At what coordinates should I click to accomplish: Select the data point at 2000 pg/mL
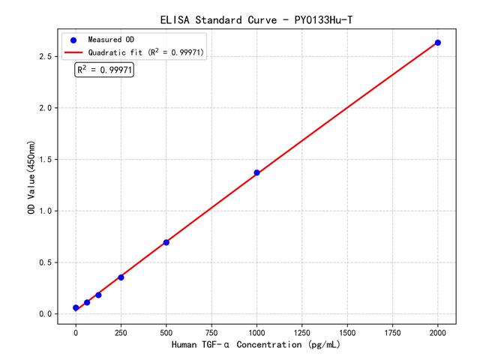point(438,43)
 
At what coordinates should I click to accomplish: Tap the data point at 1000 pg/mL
point(256,172)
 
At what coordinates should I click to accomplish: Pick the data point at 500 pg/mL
point(166,242)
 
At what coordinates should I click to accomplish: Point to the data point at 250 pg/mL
point(121,277)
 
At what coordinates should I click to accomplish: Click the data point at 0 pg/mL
point(76,307)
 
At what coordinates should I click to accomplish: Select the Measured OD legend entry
point(112,39)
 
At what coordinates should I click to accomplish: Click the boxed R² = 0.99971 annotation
point(104,70)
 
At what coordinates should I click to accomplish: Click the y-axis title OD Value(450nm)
point(31,177)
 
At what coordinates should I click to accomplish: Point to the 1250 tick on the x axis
point(302,331)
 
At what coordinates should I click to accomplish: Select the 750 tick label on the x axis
point(211,331)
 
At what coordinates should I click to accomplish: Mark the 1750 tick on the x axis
point(393,331)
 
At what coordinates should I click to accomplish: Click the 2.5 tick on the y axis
point(46,57)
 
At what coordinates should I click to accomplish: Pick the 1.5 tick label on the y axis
point(46,160)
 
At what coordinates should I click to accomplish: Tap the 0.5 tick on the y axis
point(46,262)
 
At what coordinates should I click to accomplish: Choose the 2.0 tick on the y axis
point(46,108)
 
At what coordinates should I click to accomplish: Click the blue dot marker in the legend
point(73,39)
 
